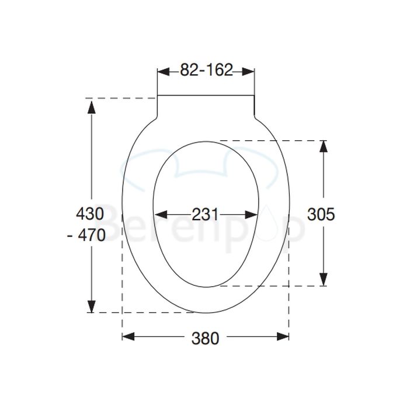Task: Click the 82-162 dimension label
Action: coord(206,71)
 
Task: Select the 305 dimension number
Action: coord(321,214)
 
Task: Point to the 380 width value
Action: coord(205,338)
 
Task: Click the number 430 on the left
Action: coord(89,213)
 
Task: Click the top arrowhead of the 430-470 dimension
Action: coord(91,104)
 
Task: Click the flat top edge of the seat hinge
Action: coord(206,95)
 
